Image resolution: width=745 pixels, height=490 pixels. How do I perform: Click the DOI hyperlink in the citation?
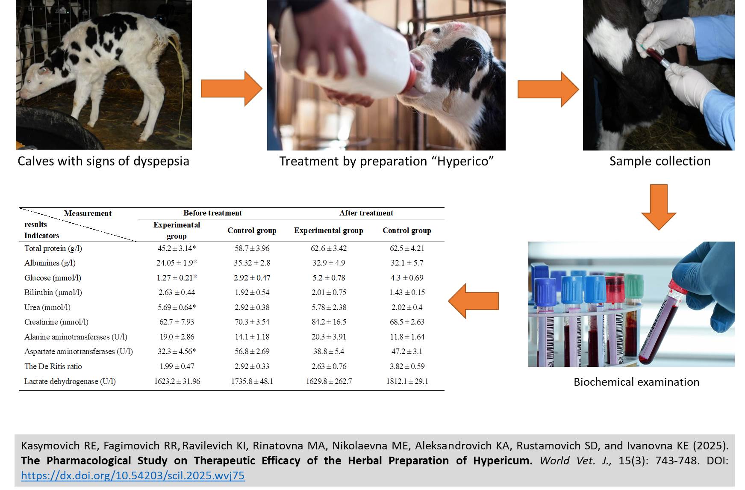[133, 475]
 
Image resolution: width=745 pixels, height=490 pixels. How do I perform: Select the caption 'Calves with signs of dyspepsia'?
[103, 161]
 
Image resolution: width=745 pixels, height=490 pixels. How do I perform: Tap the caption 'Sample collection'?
[660, 161]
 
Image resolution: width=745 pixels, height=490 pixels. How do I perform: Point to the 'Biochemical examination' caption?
[636, 382]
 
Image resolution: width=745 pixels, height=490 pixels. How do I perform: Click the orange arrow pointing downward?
[659, 207]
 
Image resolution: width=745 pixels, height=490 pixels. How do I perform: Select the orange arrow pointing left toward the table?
[474, 301]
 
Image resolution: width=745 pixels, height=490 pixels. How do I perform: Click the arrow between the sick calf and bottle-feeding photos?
[231, 89]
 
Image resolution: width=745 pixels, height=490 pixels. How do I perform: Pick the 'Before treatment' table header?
[212, 213]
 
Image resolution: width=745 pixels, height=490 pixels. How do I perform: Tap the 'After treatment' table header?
[366, 213]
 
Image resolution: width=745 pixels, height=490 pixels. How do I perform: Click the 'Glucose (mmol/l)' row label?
[53, 278]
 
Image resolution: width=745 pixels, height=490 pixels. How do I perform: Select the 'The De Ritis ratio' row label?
[53, 366]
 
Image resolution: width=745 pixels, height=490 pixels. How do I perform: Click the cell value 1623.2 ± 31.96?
[177, 381]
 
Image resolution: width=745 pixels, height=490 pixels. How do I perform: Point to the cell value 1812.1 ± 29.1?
[407, 381]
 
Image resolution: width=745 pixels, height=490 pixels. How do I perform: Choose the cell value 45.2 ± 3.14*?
[177, 248]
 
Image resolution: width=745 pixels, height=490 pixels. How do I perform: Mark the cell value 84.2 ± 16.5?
[329, 322]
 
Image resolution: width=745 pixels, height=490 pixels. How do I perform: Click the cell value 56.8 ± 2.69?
[252, 351]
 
